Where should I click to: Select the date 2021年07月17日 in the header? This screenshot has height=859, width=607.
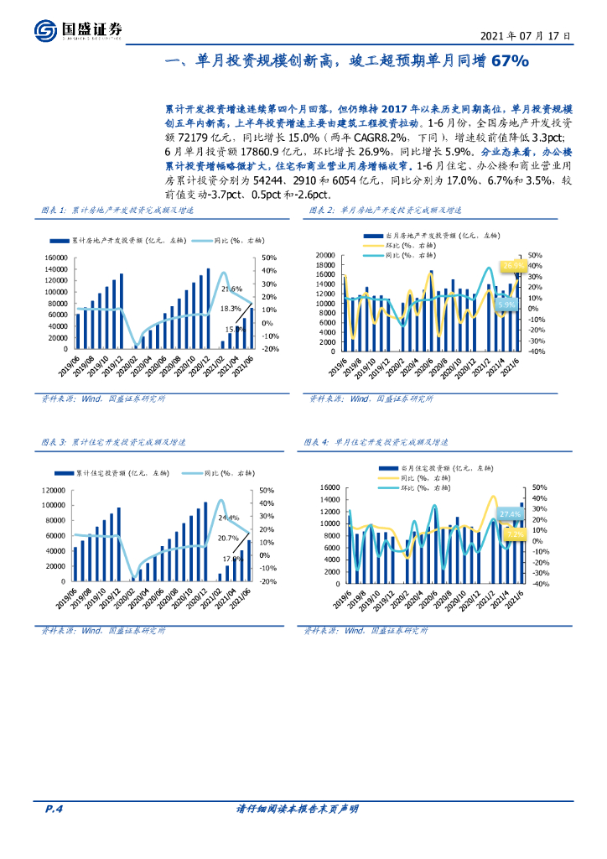527,37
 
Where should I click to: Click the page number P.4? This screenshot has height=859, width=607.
54,809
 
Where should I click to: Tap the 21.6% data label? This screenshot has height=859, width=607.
231,289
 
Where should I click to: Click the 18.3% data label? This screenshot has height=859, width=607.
231,309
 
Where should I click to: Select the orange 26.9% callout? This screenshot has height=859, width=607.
511,265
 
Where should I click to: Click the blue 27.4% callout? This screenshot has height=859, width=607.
510,513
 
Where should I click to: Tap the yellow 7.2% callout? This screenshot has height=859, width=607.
515,534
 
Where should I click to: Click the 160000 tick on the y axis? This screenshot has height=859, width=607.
53,258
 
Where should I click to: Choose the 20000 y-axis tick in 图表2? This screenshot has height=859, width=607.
324,255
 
